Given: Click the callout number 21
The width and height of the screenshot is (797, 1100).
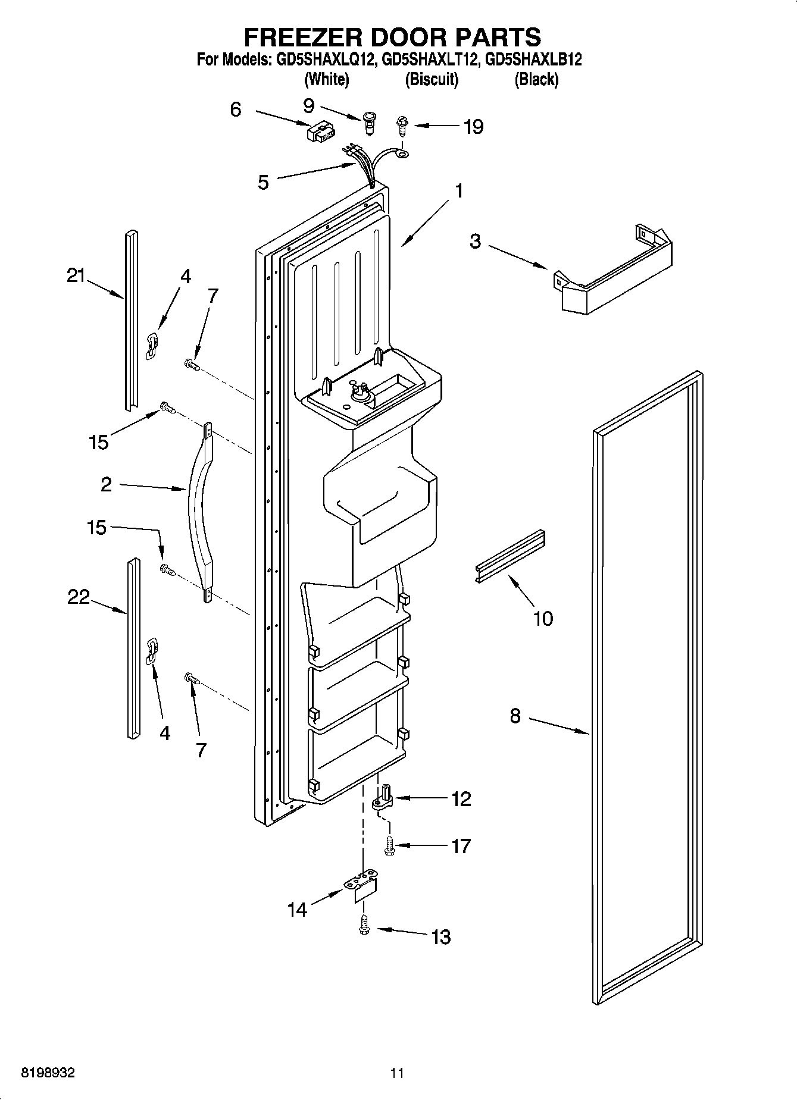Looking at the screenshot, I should (76, 276).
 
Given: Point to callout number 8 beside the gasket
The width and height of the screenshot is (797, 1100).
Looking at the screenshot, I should (515, 716).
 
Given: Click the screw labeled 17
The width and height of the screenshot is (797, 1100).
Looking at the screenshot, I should (389, 845).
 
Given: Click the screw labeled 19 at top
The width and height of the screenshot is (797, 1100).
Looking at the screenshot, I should (402, 126).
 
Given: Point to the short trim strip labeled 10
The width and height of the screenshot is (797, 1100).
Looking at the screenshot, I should (511, 555).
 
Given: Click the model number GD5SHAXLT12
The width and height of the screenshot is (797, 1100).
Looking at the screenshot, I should (431, 59).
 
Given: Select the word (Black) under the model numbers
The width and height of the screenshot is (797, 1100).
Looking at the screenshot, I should (536, 79).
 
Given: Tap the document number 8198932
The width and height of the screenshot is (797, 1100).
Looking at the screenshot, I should (48, 1073).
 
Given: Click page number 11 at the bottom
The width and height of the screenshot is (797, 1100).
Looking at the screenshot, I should (397, 1073).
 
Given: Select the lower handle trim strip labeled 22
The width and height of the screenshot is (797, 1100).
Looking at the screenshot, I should (132, 648).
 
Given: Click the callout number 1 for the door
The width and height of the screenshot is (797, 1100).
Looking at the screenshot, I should (458, 191).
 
